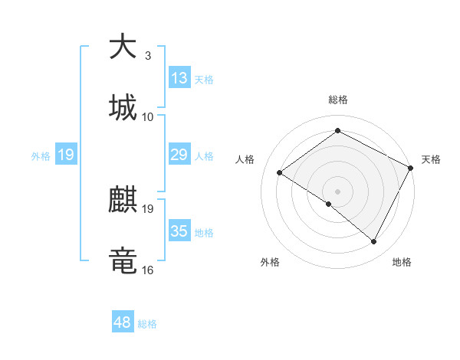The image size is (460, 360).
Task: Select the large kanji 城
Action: [x=123, y=107]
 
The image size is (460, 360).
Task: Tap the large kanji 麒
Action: [x=123, y=201]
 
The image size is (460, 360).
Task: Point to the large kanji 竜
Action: [x=123, y=261]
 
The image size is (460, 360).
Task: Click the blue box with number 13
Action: [x=179, y=78]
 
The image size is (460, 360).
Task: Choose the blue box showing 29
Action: [x=179, y=155]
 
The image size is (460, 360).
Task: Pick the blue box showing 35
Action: [x=179, y=232]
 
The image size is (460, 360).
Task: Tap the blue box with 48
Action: [x=123, y=322]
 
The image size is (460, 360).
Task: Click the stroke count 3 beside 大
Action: [x=147, y=55]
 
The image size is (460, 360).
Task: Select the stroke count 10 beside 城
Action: [x=148, y=116]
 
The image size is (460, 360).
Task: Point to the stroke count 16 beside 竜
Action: [x=148, y=270]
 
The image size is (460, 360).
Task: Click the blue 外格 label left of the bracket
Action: [x=41, y=155]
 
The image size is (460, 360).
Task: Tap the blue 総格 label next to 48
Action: [x=147, y=324]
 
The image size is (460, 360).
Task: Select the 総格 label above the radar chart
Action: [x=338, y=100]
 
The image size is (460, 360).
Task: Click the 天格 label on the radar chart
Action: [x=431, y=159]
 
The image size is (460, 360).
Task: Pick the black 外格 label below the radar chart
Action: [x=270, y=262]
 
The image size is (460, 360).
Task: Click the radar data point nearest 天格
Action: [x=411, y=168]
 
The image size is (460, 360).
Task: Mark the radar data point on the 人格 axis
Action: [x=280, y=172]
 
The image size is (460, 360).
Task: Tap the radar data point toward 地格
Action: [x=374, y=241]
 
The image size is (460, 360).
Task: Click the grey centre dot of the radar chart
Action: [x=337, y=191]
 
